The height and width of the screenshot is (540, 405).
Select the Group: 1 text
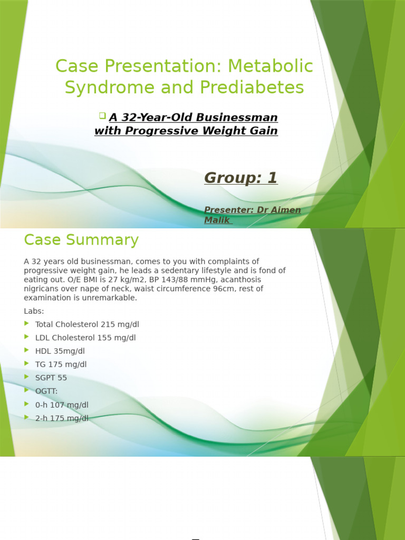coord(240,178)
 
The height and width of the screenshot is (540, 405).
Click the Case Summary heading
coord(81,240)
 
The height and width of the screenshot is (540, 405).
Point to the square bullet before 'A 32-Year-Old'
coord(102,115)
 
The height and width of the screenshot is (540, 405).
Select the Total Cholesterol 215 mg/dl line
coord(87,324)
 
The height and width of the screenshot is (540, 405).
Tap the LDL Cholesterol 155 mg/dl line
coord(85,337)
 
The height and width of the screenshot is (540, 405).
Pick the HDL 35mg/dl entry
coord(60,351)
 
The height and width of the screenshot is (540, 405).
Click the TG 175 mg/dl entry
coord(61,364)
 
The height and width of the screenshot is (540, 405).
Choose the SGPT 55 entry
coord(51,378)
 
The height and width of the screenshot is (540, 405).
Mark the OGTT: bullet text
coord(47,391)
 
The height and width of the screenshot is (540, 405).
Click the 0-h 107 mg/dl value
coord(62,405)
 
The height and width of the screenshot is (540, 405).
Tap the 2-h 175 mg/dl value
coord(62,418)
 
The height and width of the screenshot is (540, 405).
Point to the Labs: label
coord(34,311)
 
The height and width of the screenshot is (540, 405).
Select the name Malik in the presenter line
coord(217,220)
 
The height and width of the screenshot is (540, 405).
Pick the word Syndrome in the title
coord(108,87)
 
